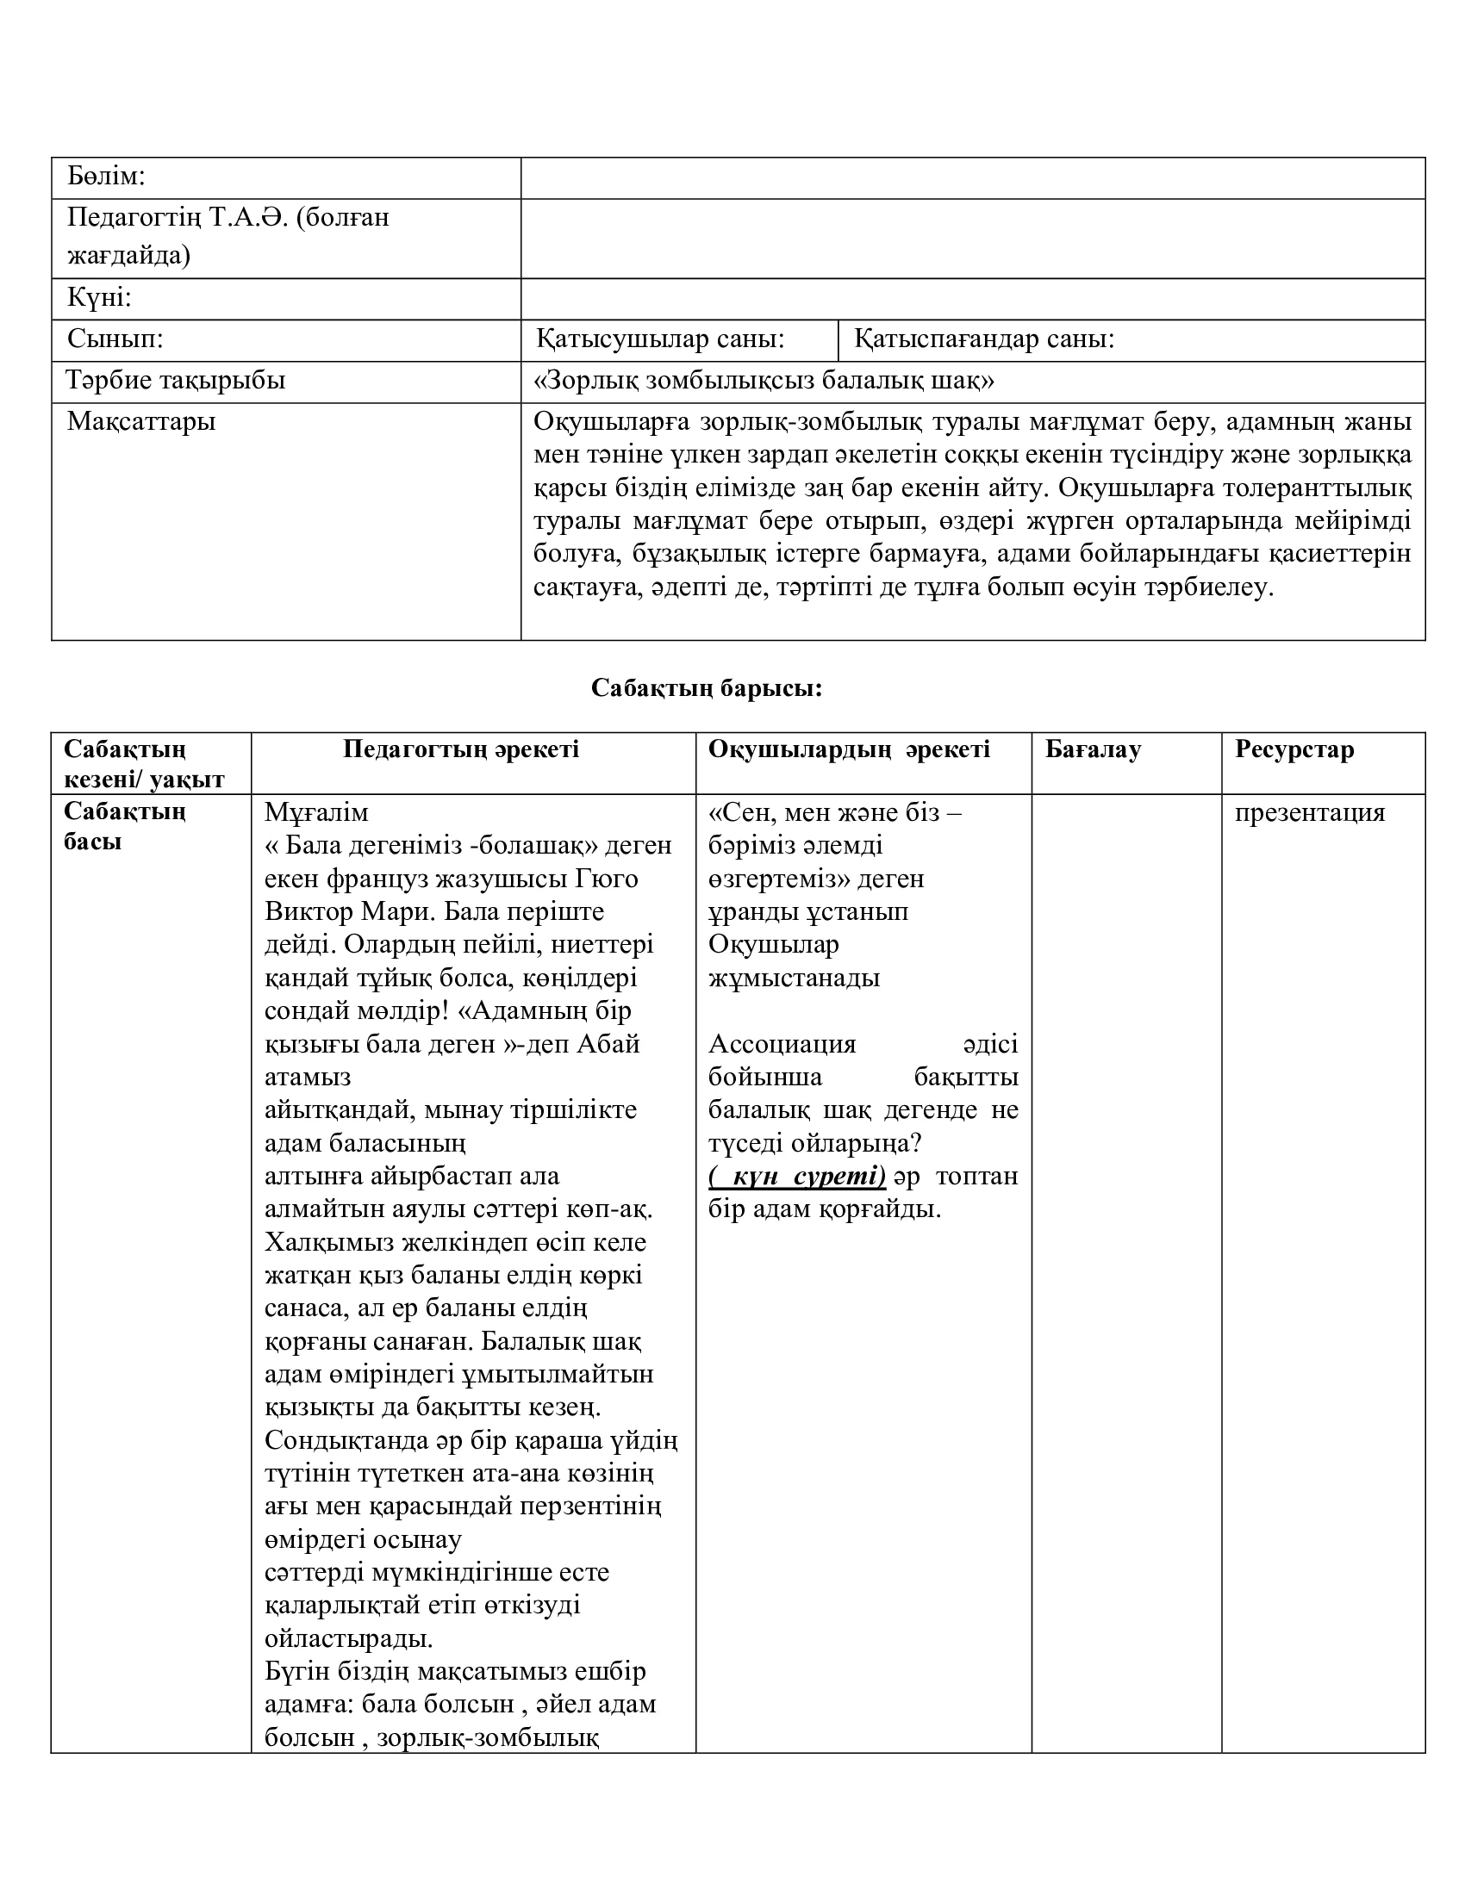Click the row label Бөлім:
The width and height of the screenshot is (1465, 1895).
pyautogui.click(x=106, y=177)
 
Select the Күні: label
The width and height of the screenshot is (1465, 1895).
pyautogui.click(x=99, y=299)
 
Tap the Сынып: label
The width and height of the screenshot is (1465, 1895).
pyautogui.click(x=115, y=339)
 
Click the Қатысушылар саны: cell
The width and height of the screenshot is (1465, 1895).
pyautogui.click(x=659, y=339)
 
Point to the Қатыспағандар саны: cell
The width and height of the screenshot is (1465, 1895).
pyautogui.click(x=983, y=339)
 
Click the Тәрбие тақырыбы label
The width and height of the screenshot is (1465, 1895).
pyautogui.click(x=176, y=380)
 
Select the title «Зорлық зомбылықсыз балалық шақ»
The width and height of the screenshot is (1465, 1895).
pyautogui.click(x=764, y=380)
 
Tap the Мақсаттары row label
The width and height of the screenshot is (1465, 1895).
pyautogui.click(x=141, y=422)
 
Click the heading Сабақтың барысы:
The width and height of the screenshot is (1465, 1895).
pyautogui.click(x=707, y=688)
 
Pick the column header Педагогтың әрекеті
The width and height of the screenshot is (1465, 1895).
pyautogui.click(x=461, y=749)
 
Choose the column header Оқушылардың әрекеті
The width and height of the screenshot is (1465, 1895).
pyautogui.click(x=849, y=749)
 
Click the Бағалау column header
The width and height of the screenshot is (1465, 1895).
pyautogui.click(x=1093, y=749)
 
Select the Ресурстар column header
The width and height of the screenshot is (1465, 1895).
pyautogui.click(x=1294, y=749)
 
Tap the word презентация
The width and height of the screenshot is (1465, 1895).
pyautogui.click(x=1310, y=813)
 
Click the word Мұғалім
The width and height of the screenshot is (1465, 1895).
pyautogui.click(x=317, y=813)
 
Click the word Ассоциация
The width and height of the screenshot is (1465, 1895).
pyautogui.click(x=782, y=1044)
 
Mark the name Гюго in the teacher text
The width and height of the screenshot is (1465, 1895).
pyautogui.click(x=607, y=879)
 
